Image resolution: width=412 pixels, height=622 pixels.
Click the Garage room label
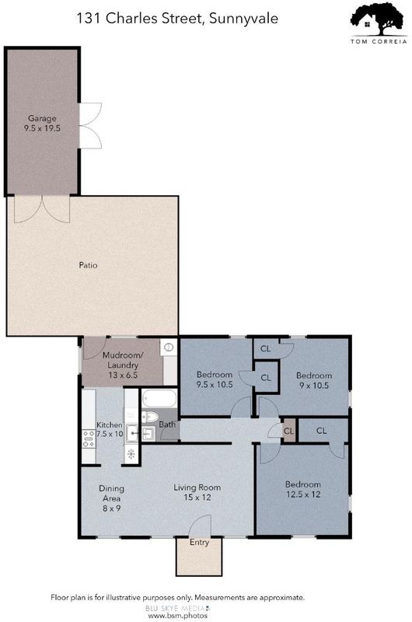42,123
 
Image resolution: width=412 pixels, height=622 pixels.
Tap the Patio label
88,265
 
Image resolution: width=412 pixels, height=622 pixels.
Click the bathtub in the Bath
159,399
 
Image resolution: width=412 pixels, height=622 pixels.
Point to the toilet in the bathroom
150,417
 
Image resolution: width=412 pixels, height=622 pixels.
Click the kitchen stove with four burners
89,439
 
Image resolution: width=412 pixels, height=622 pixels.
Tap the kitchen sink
132,433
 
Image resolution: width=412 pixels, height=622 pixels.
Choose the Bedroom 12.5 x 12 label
303,489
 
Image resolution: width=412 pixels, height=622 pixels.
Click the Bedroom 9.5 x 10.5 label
215,379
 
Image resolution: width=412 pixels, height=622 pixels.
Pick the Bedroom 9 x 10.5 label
314,380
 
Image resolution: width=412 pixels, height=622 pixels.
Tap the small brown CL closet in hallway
289,431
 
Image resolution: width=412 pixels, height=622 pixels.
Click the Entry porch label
199,542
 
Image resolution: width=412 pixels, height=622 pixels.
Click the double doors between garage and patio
42,209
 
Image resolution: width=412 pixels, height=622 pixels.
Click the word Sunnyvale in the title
243,19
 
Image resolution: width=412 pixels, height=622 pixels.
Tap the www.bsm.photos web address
178,616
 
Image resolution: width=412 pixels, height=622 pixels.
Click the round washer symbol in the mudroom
169,348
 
